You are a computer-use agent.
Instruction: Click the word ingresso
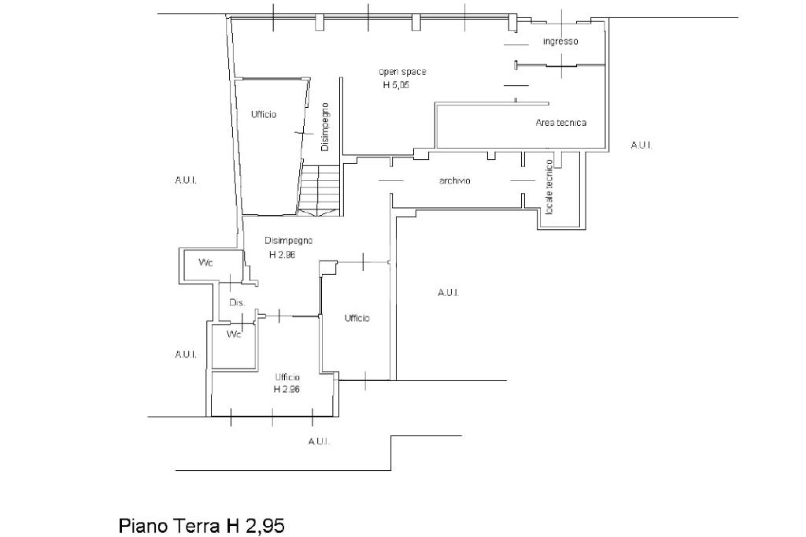[560, 41]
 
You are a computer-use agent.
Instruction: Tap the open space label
[402, 72]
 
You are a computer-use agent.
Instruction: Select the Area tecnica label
[560, 123]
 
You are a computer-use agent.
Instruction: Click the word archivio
[454, 181]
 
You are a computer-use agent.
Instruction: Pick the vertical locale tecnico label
[549, 187]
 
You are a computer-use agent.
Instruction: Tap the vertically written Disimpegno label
[324, 127]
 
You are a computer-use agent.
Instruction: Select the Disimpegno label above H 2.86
[289, 240]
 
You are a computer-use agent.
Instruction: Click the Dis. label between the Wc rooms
[237, 302]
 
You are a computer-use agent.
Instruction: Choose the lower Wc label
[234, 335]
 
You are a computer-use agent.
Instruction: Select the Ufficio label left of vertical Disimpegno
[264, 115]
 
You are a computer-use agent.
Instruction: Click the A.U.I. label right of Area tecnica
[641, 145]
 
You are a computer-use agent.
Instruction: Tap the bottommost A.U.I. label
[319, 441]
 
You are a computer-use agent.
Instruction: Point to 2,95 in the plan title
[263, 524]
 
